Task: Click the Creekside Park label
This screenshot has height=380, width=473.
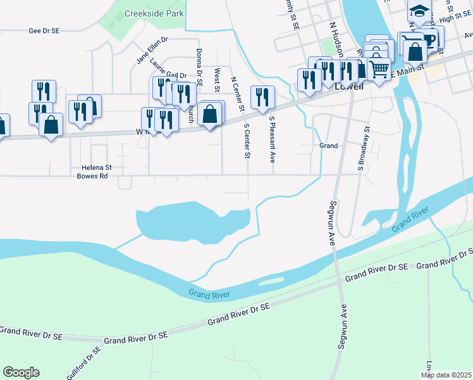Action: [x=154, y=13]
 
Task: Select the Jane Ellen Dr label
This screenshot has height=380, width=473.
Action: [x=152, y=50]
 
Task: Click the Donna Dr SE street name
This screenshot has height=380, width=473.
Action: [x=199, y=67]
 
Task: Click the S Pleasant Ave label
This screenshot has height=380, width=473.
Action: [x=273, y=139]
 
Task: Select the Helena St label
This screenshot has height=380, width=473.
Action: [x=97, y=168]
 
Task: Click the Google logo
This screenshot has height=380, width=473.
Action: [x=21, y=372]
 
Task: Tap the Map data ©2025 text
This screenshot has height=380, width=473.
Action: [x=446, y=375]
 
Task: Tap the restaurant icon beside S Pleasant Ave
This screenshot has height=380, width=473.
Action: [x=262, y=97]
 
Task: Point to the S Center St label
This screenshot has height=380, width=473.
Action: [x=247, y=139]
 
